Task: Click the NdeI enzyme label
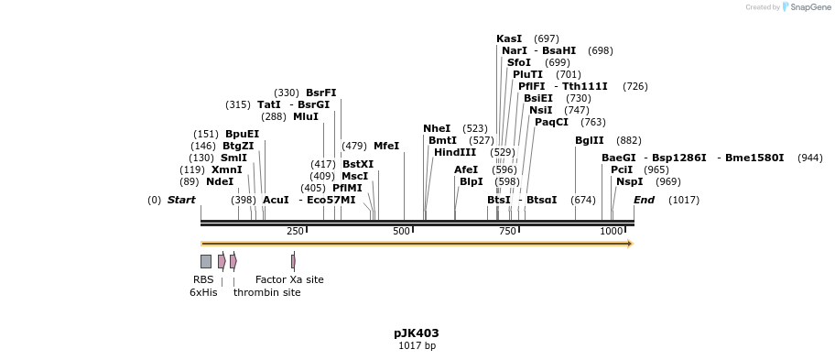pos(220,181)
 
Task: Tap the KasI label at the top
pos(509,38)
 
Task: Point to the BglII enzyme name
pos(590,140)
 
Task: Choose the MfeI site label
pos(386,146)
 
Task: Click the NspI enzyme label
pos(630,181)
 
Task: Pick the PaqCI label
pos(551,122)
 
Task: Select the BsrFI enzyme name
pos(321,93)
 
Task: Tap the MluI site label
pos(306,116)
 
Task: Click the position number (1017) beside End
pos(684,200)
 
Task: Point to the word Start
pos(181,200)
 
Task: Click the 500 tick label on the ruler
pos(401,232)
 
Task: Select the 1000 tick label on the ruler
pos(611,232)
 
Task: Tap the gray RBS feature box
pos(206,261)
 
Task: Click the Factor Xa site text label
pos(289,279)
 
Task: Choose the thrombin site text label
pos(266,292)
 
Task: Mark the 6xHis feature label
pos(203,292)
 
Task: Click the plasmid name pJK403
pos(417,333)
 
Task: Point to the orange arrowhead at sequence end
pos(630,244)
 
